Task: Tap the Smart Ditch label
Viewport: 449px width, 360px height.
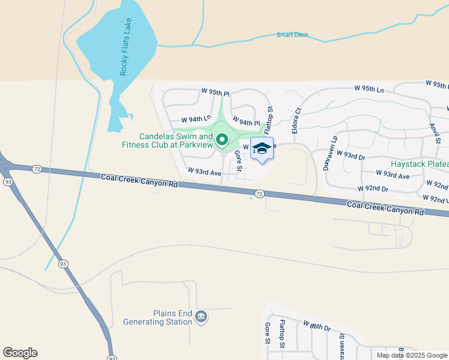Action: (x=292, y=35)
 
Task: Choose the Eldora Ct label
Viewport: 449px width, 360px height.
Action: (x=296, y=120)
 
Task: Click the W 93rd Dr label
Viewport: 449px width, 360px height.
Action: (x=351, y=156)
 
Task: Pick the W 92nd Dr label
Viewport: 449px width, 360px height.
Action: (x=372, y=188)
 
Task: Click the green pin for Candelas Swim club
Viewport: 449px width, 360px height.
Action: (x=221, y=141)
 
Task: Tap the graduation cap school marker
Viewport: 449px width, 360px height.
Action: (x=262, y=148)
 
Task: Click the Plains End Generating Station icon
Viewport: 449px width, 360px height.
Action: (x=201, y=316)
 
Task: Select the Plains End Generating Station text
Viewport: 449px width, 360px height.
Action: (x=156, y=317)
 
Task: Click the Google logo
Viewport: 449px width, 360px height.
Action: (x=20, y=353)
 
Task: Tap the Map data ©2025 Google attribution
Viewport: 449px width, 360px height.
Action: (x=412, y=355)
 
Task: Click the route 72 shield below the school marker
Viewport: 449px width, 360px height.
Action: (x=259, y=194)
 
